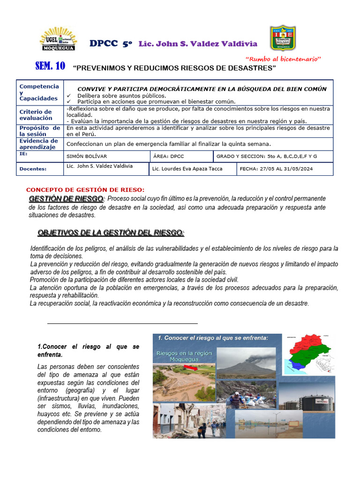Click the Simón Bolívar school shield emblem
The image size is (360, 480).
pyautogui.click(x=283, y=37)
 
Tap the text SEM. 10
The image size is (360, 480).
pyautogui.click(x=50, y=66)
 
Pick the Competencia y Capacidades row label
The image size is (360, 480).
pyautogui.click(x=39, y=92)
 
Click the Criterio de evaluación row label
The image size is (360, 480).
pyautogui.click(x=36, y=115)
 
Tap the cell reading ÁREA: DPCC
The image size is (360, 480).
pyautogui.click(x=171, y=156)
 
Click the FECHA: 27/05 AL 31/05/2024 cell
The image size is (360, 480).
pyautogui.click(x=276, y=169)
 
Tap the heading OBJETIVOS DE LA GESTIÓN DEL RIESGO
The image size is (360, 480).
pyautogui.click(x=111, y=233)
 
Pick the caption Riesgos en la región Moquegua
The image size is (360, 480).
pyautogui.click(x=184, y=356)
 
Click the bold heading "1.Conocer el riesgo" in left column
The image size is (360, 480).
pyautogui.click(x=88, y=351)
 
